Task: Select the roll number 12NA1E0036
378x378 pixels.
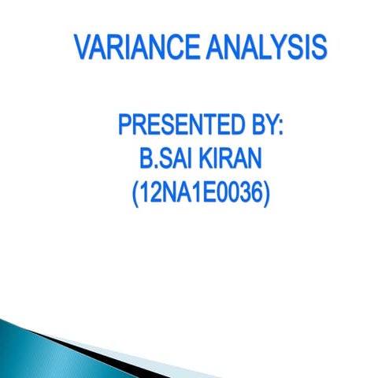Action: click(x=200, y=192)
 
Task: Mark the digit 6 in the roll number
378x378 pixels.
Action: click(x=254, y=192)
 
